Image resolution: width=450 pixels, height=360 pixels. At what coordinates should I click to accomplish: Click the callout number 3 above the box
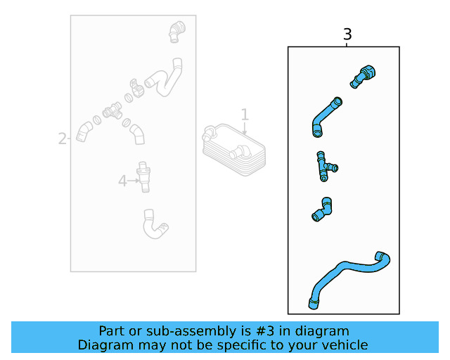click(x=347, y=34)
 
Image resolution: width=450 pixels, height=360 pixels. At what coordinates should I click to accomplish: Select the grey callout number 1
click(x=245, y=114)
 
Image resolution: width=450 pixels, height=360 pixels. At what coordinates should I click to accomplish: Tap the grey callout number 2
click(x=62, y=139)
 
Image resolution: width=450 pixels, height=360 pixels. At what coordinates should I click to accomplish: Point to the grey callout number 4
click(x=122, y=181)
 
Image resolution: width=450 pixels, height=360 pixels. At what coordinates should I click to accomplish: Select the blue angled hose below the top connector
click(x=325, y=116)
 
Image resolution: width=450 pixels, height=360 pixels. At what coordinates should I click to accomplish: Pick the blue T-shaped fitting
click(x=324, y=165)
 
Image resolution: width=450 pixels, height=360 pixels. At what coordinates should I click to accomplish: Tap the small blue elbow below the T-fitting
click(x=323, y=210)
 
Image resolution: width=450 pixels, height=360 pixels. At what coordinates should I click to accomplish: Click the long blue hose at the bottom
click(x=349, y=275)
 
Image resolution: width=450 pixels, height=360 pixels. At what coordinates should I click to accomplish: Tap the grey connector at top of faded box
click(x=176, y=32)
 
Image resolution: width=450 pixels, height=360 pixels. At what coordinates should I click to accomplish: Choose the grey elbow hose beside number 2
click(x=84, y=131)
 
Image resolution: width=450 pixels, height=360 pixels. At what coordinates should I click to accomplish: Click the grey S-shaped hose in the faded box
click(x=163, y=77)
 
